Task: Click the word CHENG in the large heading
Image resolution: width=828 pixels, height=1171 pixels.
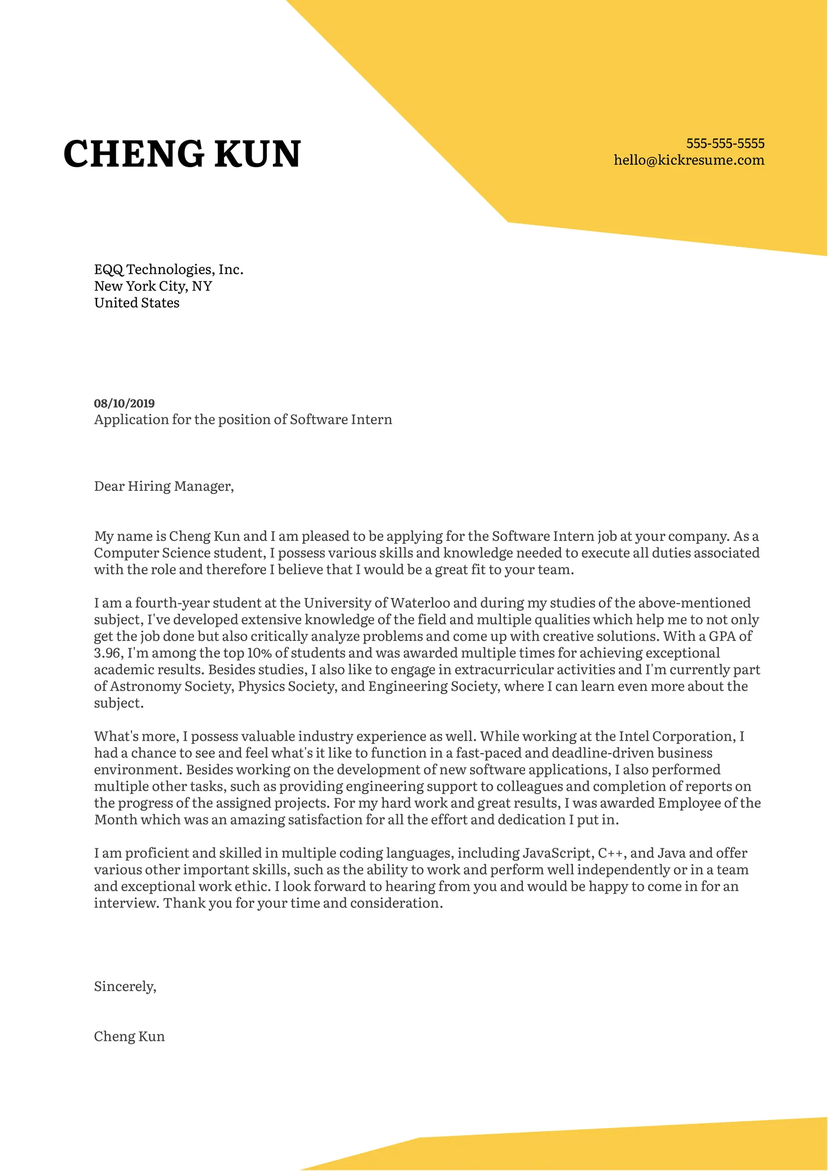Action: point(134,154)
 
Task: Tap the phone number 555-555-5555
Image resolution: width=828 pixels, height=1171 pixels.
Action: point(725,143)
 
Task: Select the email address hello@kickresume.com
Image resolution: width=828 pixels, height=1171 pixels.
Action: point(689,160)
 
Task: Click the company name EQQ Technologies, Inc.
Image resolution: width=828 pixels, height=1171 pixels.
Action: point(169,270)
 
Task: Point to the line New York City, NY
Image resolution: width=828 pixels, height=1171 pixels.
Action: point(153,287)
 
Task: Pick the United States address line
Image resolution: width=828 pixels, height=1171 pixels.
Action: point(136,303)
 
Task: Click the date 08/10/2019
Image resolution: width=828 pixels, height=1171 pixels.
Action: point(124,403)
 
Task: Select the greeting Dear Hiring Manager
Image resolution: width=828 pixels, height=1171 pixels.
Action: point(164,486)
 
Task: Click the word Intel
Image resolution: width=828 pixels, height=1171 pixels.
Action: point(633,737)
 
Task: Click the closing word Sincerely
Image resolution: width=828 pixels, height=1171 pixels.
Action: point(125,987)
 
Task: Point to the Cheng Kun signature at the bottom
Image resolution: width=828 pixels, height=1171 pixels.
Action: point(129,1037)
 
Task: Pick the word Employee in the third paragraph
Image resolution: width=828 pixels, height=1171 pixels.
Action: point(689,803)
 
